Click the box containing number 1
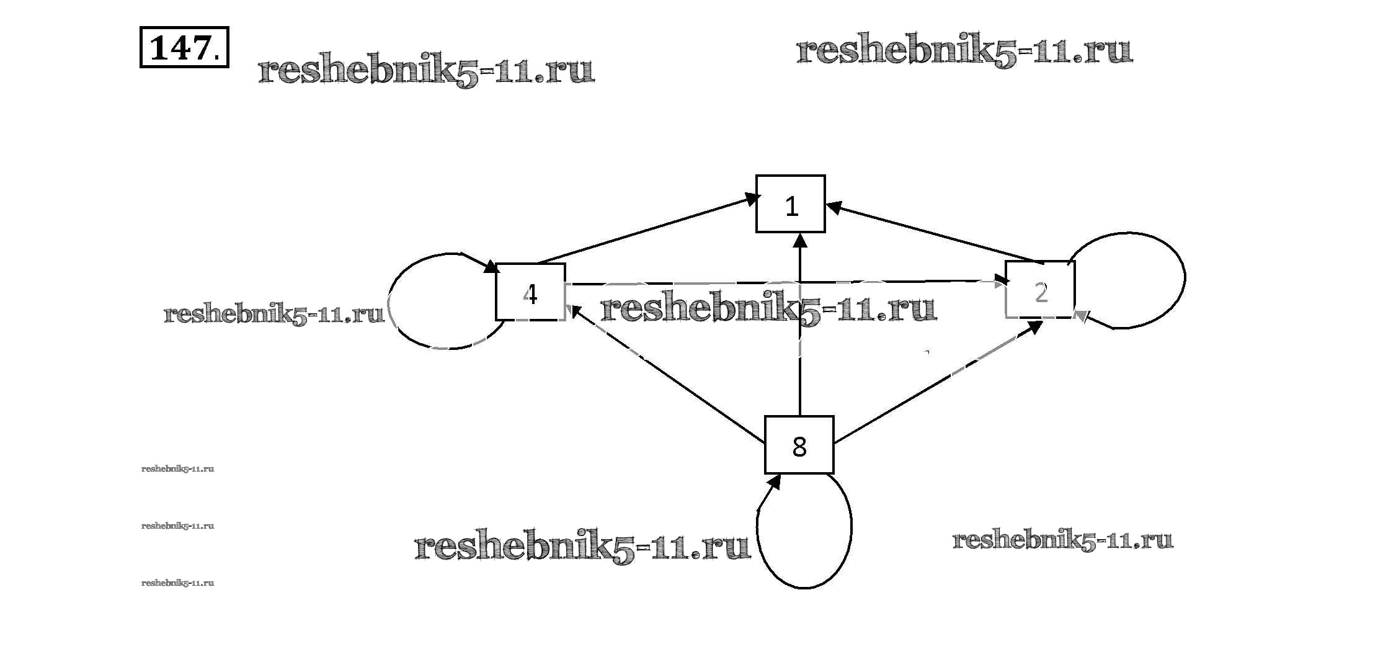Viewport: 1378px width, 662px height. (790, 204)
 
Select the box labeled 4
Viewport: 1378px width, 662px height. (530, 292)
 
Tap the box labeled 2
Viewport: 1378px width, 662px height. (1040, 290)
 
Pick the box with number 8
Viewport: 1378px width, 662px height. (799, 445)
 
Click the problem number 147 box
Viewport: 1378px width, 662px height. (184, 47)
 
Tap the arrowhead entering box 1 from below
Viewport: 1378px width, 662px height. (800, 241)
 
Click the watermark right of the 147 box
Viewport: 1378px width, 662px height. (426, 71)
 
